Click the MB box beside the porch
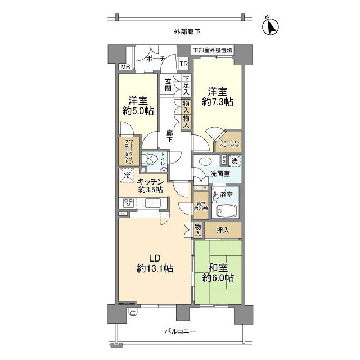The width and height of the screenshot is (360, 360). pos(124,67)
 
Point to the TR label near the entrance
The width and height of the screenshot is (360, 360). pos(183,64)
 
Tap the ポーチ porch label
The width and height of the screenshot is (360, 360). pos(155,58)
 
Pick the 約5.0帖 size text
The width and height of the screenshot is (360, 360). pos(137,111)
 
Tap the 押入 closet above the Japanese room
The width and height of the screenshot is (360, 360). pos(223,229)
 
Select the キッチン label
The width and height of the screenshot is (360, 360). pos(151,181)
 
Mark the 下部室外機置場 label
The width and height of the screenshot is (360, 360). pos(213,51)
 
